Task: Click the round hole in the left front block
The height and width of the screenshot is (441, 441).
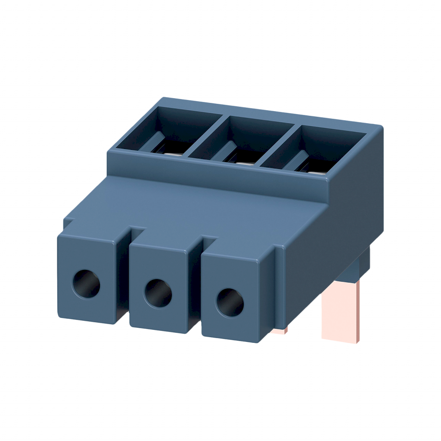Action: click(86, 284)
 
